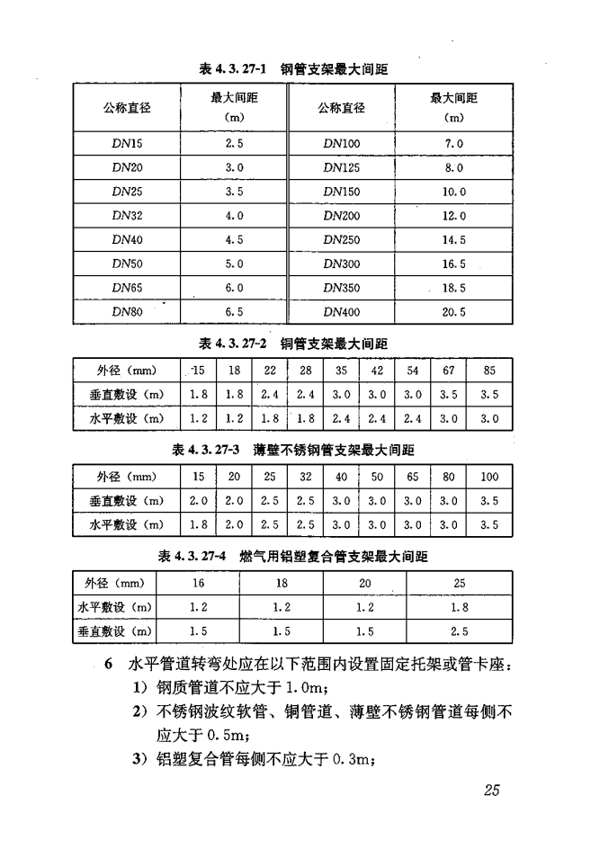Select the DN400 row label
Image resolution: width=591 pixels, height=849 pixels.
341,312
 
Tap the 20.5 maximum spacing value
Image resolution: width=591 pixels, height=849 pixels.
453,312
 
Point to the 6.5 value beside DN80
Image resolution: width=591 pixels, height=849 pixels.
234,312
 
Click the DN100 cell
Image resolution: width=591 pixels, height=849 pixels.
341,143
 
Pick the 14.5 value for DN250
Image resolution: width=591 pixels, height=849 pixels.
453,240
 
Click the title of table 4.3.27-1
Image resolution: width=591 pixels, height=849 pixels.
293,68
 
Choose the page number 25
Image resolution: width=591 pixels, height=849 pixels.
491,791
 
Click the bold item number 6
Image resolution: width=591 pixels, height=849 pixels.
108,666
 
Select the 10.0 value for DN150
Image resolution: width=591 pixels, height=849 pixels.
453,192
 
